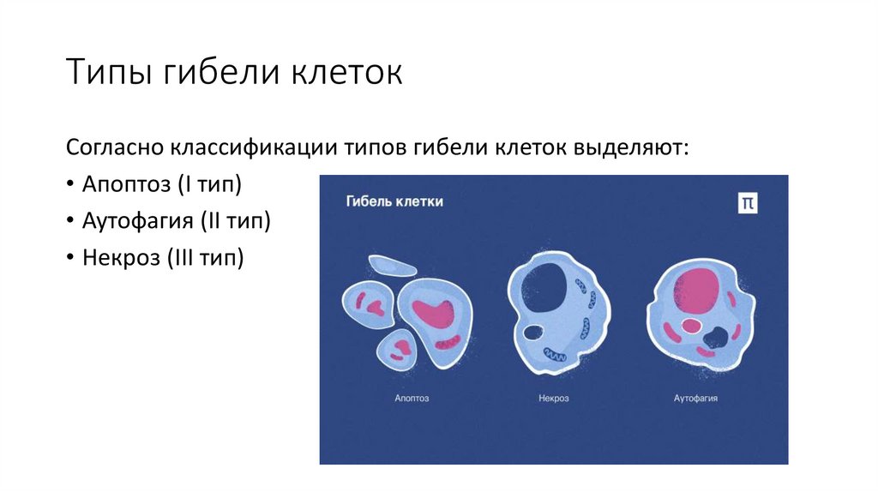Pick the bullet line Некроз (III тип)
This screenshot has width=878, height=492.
[163, 257]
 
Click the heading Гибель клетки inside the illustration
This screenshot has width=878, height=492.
[394, 202]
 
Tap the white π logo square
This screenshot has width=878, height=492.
[748, 202]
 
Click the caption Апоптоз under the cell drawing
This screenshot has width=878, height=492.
[412, 399]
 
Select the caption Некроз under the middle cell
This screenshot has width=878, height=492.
[553, 399]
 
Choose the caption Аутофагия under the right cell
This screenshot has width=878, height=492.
[695, 399]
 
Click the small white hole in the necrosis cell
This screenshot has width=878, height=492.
[533, 332]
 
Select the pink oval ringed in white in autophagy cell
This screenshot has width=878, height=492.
[690, 326]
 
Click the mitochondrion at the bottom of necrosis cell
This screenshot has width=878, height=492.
[553, 353]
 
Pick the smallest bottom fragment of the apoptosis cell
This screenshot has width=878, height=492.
[399, 349]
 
